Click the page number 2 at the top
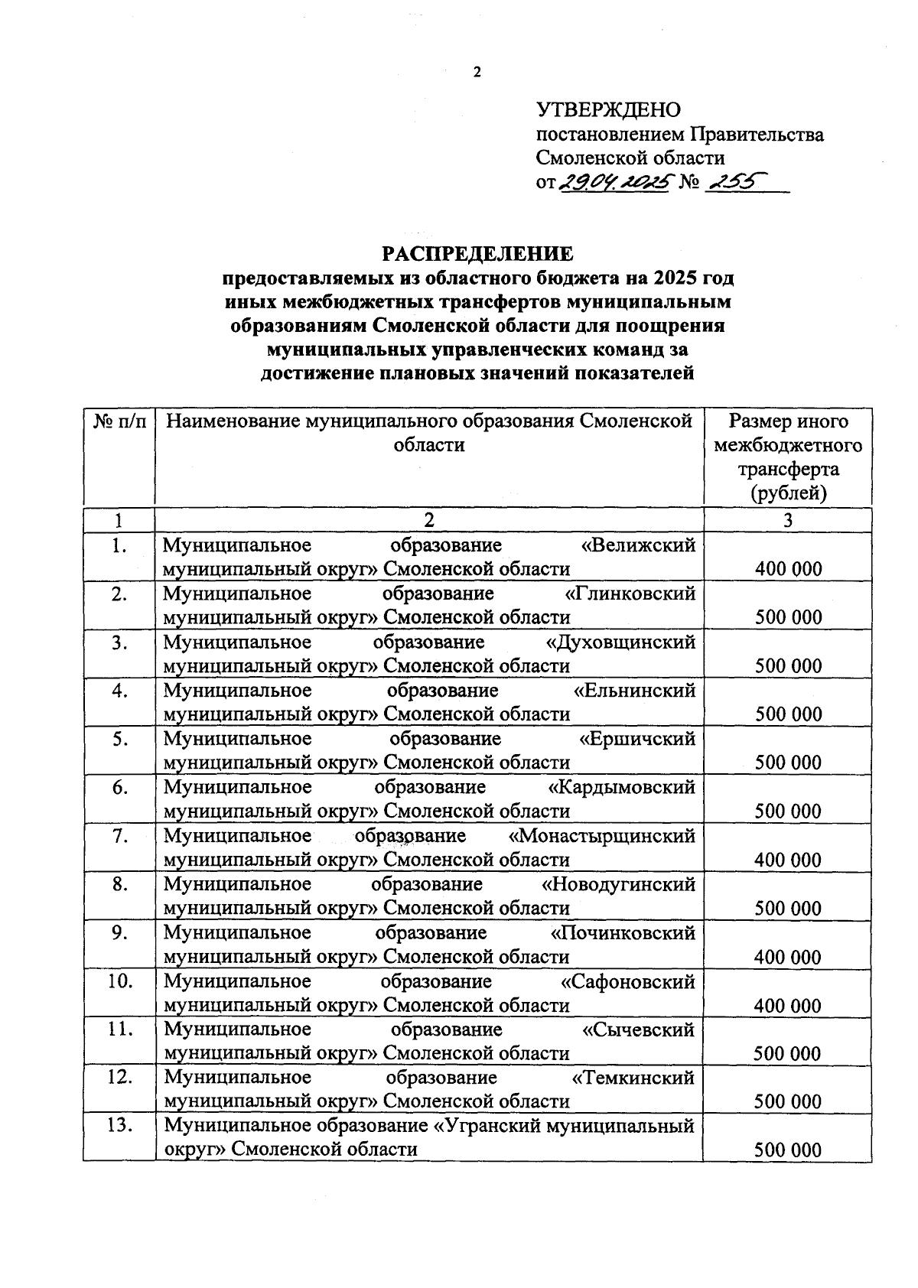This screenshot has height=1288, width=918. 478,73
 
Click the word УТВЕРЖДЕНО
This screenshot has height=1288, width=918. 608,110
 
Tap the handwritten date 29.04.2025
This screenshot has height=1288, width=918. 615,182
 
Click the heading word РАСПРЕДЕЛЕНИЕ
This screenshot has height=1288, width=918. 477,253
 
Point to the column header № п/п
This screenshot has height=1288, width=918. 119,421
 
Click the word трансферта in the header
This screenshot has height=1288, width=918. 788,469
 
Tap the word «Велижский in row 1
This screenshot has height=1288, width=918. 639,545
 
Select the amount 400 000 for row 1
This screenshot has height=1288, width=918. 788,569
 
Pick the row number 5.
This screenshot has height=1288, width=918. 119,740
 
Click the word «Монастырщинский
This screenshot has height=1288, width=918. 602,836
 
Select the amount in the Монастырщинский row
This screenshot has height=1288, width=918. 788,860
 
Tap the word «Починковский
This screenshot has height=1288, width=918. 623,933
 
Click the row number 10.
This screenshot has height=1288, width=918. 119,981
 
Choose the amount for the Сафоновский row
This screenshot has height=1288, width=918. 788,1006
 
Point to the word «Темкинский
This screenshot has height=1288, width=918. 634,1078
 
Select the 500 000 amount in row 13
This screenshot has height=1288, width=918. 788,1150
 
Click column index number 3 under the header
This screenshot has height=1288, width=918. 788,521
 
